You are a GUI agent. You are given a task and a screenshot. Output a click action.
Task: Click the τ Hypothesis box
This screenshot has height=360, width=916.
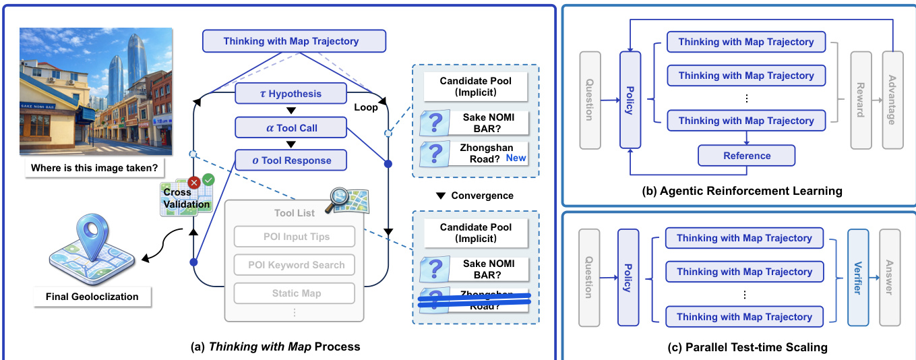click(291, 94)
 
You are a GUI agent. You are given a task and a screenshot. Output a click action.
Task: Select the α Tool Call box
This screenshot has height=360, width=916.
click(291, 127)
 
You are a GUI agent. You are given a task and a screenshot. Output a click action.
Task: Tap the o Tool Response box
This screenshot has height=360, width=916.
click(291, 160)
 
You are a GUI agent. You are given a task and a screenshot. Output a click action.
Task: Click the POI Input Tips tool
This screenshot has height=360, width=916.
click(294, 237)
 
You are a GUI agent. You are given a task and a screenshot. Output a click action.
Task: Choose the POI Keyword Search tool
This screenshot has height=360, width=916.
click(294, 265)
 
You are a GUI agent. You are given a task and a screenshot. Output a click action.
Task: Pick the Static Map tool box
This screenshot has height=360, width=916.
click(294, 293)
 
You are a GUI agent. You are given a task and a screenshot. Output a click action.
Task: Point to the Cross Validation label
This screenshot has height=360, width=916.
click(177, 198)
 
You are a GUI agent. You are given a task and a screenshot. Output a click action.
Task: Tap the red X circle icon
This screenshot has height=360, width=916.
click(194, 181)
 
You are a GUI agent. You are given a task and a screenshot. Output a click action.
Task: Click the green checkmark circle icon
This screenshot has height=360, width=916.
click(208, 179)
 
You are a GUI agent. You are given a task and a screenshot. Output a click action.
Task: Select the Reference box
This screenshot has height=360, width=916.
click(746, 156)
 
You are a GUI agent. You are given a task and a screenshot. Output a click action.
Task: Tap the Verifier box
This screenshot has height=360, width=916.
click(858, 277)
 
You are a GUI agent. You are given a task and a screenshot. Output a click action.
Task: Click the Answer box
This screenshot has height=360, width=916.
click(889, 277)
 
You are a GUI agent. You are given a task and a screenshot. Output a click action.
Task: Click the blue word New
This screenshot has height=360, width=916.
click(516, 158)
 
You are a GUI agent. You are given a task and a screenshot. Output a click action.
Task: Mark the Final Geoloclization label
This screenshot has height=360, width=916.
click(92, 296)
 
